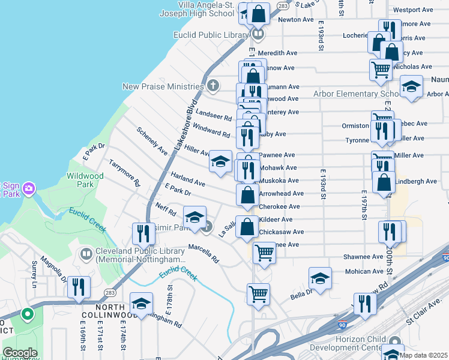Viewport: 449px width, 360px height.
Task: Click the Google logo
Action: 20,353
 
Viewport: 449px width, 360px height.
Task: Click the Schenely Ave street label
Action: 152,141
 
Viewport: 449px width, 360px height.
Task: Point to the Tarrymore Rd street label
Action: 124,173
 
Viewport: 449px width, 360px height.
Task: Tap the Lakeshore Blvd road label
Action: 184,128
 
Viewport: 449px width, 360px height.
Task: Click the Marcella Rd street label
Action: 203,253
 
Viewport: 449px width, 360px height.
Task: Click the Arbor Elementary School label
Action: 357,94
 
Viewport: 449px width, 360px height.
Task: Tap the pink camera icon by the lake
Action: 28,190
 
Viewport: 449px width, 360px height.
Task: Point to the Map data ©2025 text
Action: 424,355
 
